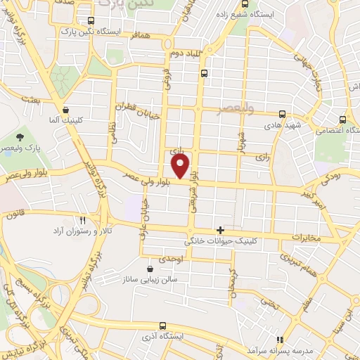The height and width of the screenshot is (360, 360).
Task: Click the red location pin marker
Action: tap(181, 166)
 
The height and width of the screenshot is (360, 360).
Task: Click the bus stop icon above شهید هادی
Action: tap(282, 113)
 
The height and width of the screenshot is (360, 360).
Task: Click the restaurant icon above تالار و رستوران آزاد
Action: tap(83, 220)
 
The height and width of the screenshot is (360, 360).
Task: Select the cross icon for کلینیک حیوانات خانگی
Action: tap(221, 230)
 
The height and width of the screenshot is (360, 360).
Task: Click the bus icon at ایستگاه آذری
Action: tap(163, 326)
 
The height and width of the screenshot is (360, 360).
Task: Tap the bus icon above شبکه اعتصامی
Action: tap(342, 119)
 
